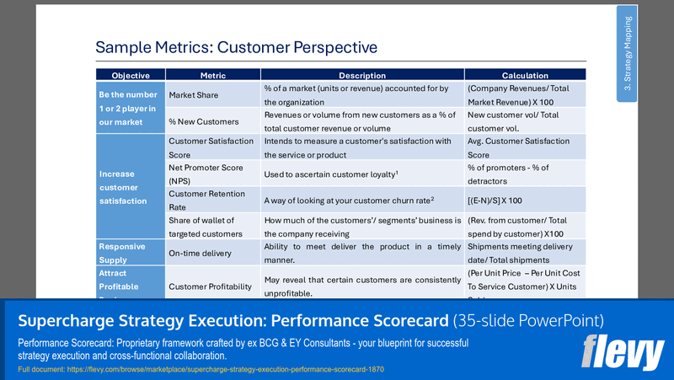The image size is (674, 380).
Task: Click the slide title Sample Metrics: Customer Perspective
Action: tap(236, 47)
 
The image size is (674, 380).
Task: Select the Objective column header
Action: tap(130, 75)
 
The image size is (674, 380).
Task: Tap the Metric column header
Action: tap(212, 75)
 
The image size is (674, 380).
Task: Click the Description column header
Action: tap(361, 75)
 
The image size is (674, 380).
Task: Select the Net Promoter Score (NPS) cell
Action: tap(207, 174)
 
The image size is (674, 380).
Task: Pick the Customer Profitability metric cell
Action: tap(211, 286)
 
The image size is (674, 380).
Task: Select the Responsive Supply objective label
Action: tap(122, 253)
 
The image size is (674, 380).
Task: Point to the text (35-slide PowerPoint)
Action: tap(528, 320)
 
